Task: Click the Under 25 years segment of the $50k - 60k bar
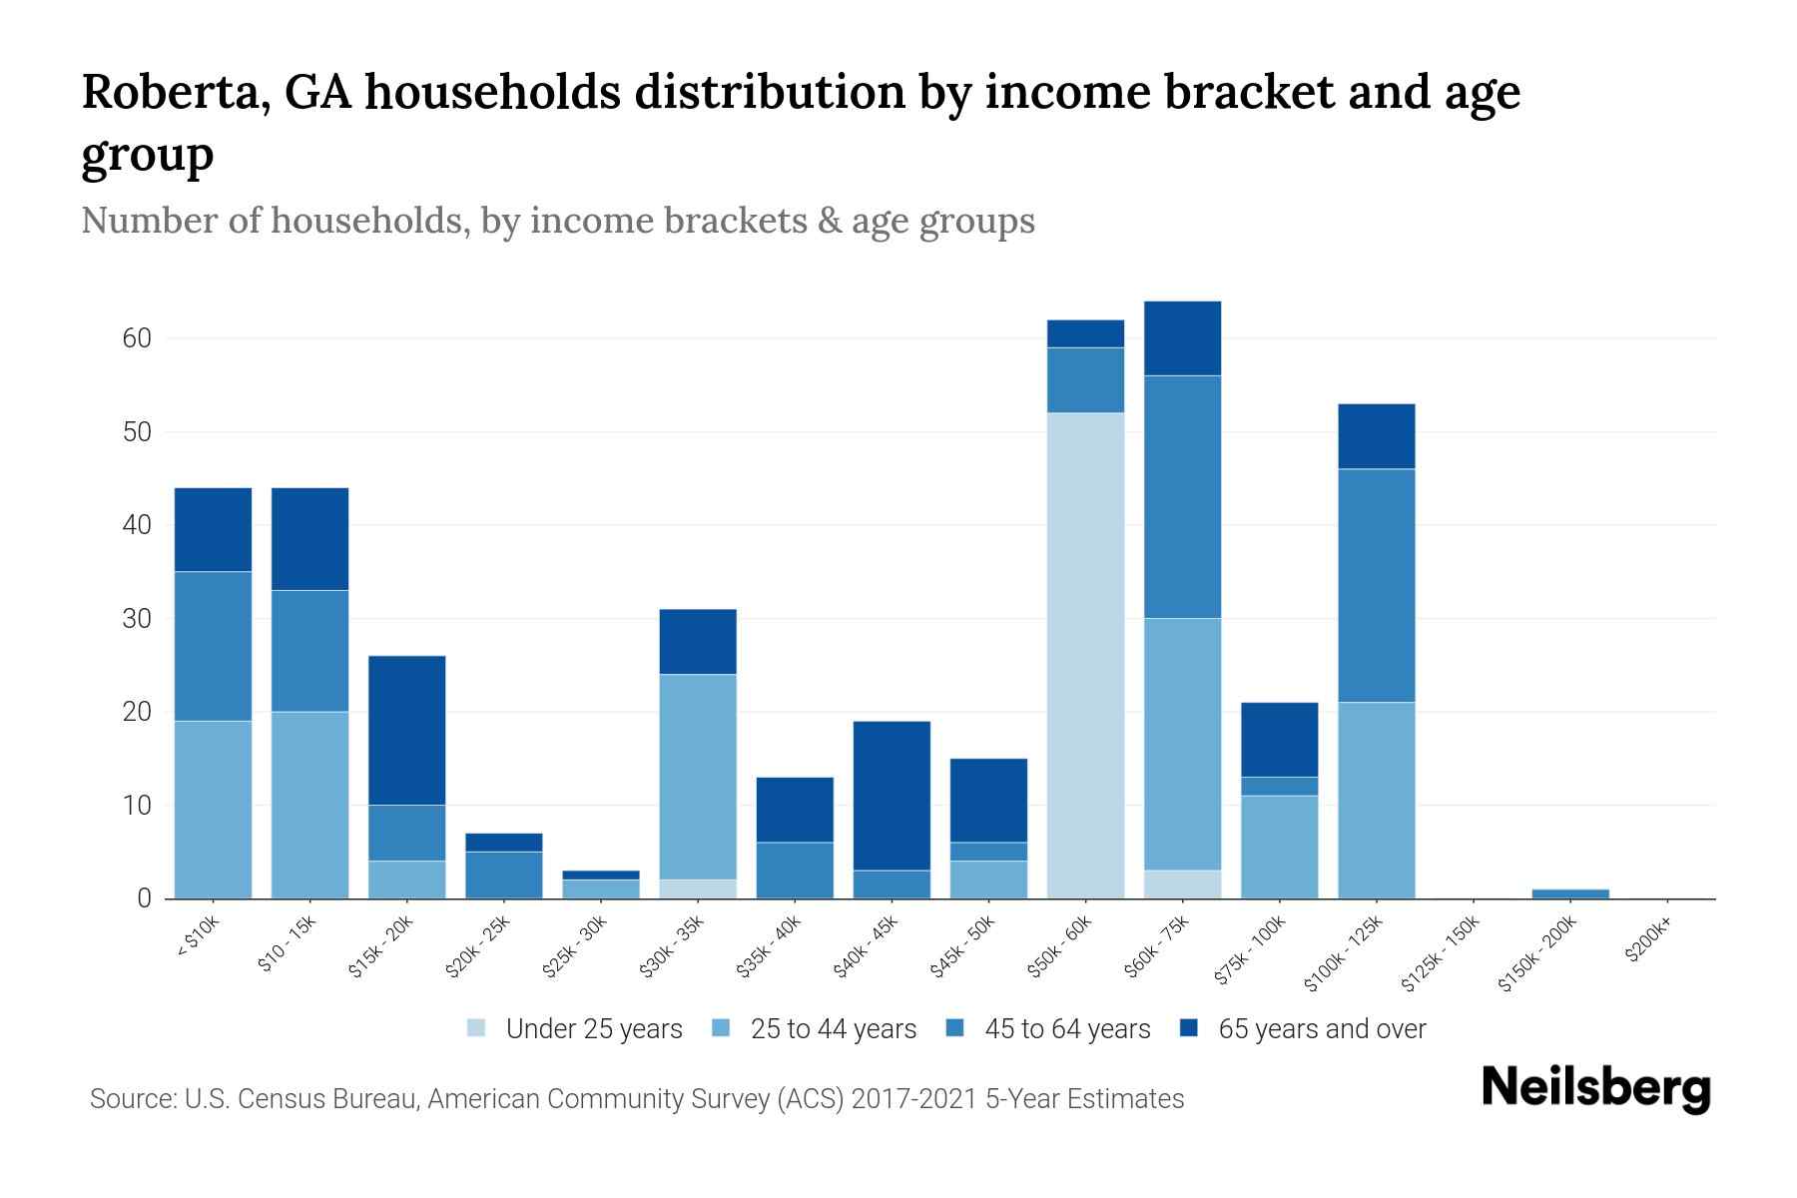coord(1085,655)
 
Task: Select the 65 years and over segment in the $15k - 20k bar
coord(406,730)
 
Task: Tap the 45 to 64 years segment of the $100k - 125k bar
coord(1376,585)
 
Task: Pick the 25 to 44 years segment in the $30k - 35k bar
coord(698,777)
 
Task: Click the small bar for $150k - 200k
coord(1569,894)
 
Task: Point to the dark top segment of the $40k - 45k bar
coord(892,795)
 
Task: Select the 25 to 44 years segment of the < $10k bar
coord(213,809)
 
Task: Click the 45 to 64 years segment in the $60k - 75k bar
coord(1182,496)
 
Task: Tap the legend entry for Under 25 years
coord(593,1029)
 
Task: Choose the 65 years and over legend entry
coord(1321,1029)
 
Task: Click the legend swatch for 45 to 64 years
coord(955,1028)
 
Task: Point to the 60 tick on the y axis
coord(137,338)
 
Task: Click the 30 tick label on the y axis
coord(137,619)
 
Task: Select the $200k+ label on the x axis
coord(1648,942)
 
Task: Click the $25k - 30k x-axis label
coord(575,949)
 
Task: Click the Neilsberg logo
coord(1595,1088)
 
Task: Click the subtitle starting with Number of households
coord(557,221)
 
